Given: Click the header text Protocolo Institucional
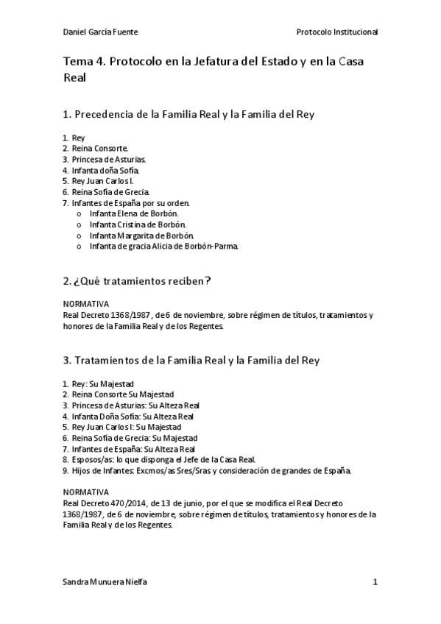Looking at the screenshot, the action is pyautogui.click(x=337, y=32).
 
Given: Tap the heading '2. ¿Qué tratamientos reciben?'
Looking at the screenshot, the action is pyautogui.click(x=138, y=280).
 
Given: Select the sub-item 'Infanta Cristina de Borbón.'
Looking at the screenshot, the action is pyautogui.click(x=138, y=224).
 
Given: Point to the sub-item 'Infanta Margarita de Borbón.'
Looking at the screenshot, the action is pyautogui.click(x=141, y=235).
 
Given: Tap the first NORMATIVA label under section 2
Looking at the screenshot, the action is pyautogui.click(x=86, y=304).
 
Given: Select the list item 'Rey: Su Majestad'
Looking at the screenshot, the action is pyautogui.click(x=102, y=383).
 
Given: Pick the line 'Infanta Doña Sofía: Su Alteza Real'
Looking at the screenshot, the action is pyautogui.click(x=133, y=416).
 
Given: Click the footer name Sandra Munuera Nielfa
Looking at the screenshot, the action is pyautogui.click(x=105, y=582).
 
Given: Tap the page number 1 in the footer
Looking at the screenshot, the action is pyautogui.click(x=375, y=582).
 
